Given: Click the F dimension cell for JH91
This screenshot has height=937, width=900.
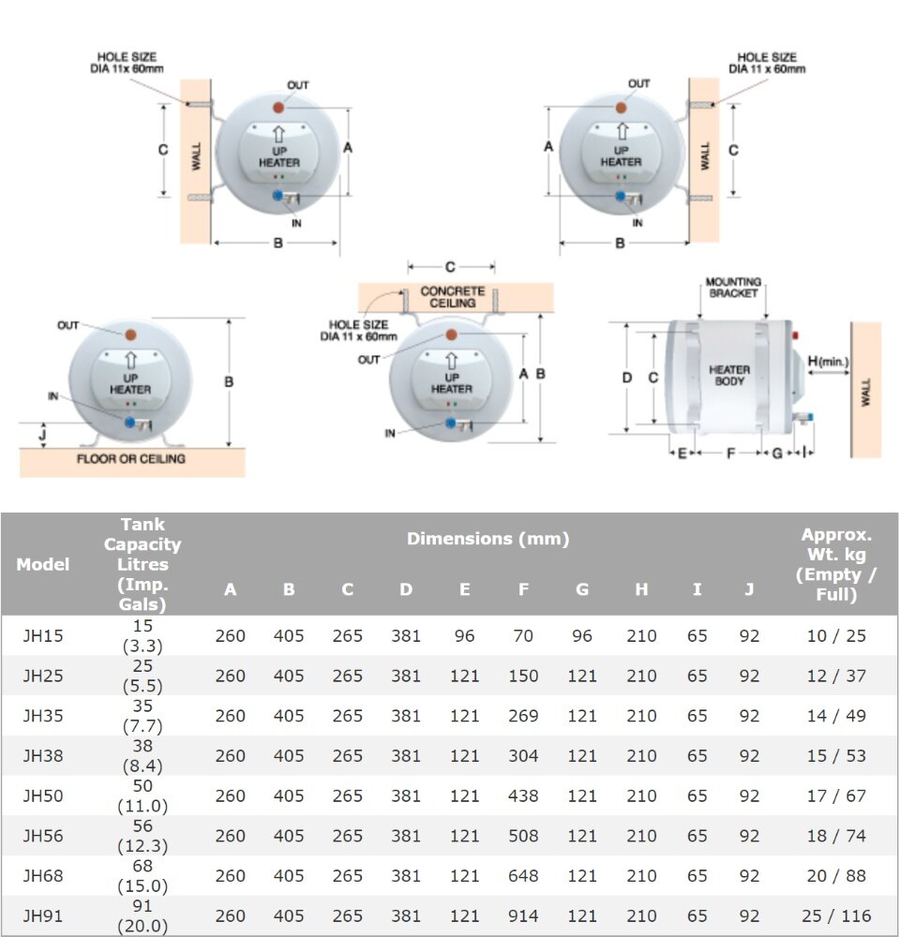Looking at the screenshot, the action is coord(523,915).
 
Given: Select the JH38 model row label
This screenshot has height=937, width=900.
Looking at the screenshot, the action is coord(42,755).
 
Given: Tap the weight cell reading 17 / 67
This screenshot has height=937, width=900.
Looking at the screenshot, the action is coord(836,796).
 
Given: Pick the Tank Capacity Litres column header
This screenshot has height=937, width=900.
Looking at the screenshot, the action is coord(142,563).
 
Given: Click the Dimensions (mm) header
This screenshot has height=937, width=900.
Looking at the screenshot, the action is coord(488,539).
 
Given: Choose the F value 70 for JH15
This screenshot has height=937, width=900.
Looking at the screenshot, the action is coord(523,635).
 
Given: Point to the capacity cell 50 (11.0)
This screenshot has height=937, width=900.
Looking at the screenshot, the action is coord(142,796).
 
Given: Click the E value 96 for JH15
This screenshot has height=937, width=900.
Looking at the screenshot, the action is coord(465,635).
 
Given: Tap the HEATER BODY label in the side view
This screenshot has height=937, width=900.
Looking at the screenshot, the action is coord(729,376).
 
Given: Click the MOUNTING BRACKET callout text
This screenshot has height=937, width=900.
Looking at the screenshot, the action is coord(733,287).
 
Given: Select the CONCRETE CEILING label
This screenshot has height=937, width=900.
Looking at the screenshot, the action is coord(453,297).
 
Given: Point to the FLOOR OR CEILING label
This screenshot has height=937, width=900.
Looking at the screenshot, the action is coord(131,459).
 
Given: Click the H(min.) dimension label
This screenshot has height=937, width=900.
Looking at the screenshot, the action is coord(828,361).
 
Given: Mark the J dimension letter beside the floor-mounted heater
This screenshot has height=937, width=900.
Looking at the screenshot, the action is coord(42,434).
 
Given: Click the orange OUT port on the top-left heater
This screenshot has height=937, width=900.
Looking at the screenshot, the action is coord(278,108).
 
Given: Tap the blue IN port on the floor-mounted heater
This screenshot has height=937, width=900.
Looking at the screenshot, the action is coord(129,423).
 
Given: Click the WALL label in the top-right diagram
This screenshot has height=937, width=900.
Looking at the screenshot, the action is coord(705,156).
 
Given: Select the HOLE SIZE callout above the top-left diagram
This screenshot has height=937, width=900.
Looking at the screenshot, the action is coord(127,63).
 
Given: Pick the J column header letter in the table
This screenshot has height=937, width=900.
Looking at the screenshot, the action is coord(749,589).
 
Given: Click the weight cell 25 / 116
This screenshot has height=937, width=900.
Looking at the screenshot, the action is coord(836,915).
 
